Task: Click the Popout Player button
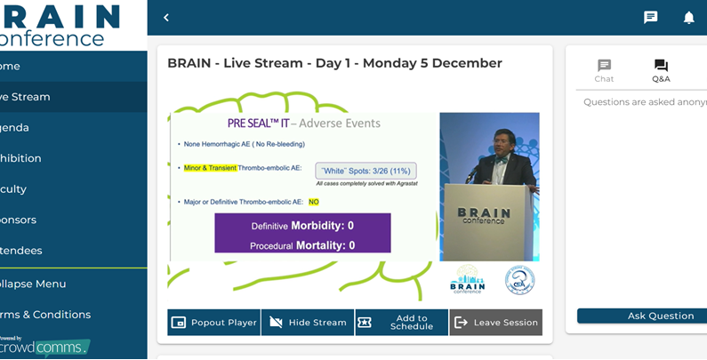[213, 323]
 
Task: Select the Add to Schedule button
[401, 323]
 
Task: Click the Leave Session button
[495, 323]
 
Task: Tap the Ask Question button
[640, 316]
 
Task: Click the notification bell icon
[688, 18]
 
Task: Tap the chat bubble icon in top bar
[651, 18]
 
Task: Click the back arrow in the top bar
[166, 18]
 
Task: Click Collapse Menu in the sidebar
[36, 284]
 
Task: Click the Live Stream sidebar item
[27, 97]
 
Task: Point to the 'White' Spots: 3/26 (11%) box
[365, 170]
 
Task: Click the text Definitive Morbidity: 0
[302, 226]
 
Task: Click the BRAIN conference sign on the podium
[484, 216]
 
